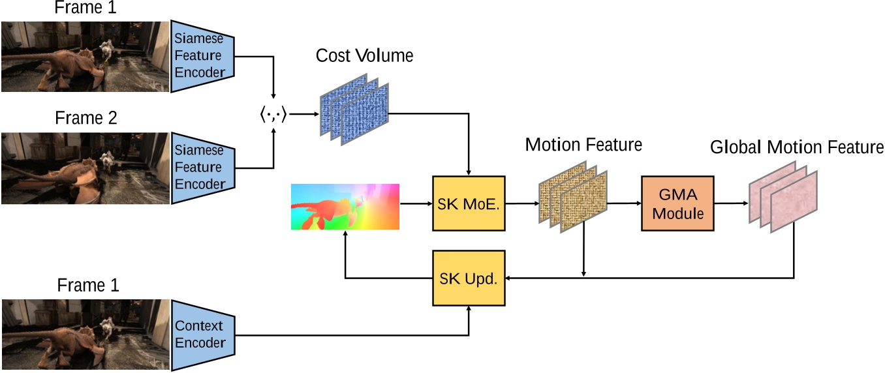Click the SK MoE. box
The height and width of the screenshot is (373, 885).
[469, 203]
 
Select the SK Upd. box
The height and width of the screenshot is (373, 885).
[469, 278]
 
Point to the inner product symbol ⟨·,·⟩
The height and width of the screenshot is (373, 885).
[273, 115]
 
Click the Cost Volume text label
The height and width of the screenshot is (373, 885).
[364, 56]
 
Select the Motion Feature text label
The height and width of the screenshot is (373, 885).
[583, 145]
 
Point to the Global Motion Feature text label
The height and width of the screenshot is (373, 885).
[796, 147]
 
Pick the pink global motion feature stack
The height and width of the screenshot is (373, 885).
[782, 199]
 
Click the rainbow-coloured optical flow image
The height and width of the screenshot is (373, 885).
[345, 207]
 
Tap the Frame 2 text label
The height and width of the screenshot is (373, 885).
[85, 119]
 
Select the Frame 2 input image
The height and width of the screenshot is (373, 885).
[85, 168]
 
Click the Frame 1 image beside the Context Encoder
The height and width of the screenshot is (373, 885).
[85, 335]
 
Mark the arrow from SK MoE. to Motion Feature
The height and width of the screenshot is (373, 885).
[521, 203]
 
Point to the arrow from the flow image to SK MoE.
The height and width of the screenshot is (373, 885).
[415, 203]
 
